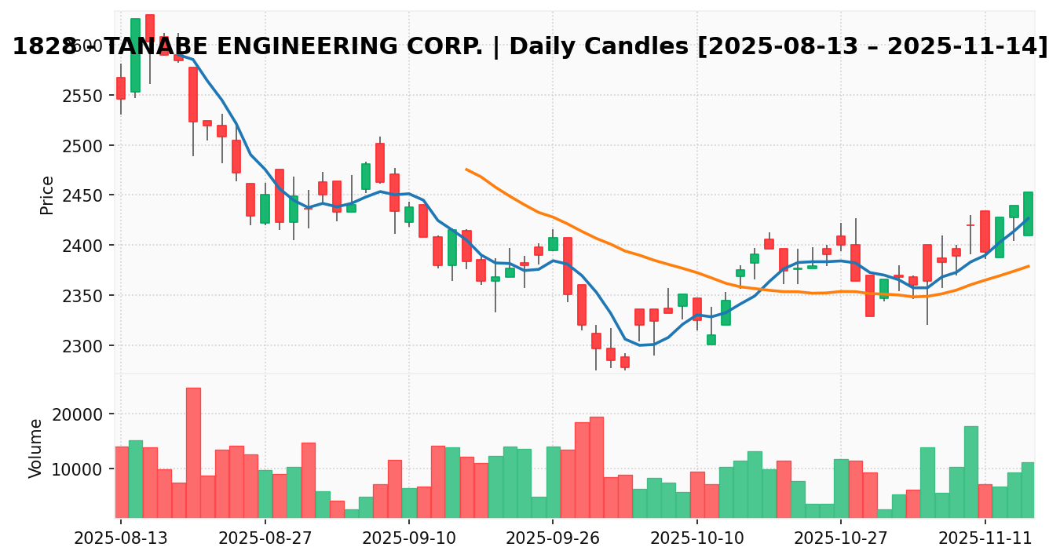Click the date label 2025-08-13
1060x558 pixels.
[x=121, y=538]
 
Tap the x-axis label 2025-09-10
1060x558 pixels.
[x=408, y=538]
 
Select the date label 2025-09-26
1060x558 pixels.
[x=553, y=538]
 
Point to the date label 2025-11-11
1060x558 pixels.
[x=985, y=538]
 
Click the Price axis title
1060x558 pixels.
[x=48, y=195]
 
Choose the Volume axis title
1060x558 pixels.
[x=36, y=448]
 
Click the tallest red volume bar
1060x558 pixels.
[x=193, y=452]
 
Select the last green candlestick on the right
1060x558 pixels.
[x=1028, y=213]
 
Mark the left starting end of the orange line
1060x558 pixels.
[x=466, y=169]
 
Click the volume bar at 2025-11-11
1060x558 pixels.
[x=985, y=501]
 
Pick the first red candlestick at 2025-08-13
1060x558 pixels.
[x=120, y=88]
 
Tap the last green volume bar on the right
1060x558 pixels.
[x=1028, y=490]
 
